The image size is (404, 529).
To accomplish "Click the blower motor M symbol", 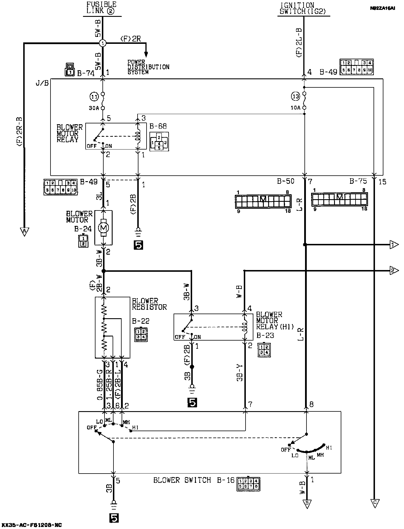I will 103,228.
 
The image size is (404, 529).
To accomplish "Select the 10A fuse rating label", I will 295,108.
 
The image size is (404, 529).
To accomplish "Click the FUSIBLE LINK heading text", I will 102,8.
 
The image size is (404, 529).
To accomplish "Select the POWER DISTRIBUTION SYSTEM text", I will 148,67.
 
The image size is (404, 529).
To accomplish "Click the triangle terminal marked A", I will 24,231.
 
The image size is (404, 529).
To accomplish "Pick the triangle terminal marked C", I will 374,503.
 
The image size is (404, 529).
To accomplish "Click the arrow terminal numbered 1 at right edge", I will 394,245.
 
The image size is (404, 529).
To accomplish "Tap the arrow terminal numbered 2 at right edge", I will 394,270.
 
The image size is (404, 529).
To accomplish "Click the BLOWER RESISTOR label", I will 149,304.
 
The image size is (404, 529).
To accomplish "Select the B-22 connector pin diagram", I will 141,334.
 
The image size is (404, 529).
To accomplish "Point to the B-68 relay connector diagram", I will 159,142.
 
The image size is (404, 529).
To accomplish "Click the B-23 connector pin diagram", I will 264,350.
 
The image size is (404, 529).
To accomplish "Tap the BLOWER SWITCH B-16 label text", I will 194,480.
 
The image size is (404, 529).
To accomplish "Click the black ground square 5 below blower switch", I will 114,518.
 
